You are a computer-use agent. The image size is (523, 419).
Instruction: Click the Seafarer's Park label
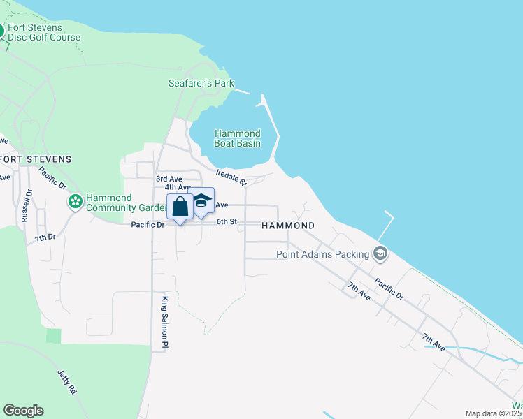(201, 84)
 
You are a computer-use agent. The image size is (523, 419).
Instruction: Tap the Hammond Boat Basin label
(238, 138)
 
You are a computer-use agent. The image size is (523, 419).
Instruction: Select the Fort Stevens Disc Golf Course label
(45, 33)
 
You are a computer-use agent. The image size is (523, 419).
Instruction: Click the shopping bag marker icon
(180, 207)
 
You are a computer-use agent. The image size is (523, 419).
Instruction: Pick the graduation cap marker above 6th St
(202, 201)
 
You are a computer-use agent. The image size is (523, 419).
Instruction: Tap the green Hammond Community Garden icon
(75, 202)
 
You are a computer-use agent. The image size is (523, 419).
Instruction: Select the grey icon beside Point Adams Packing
(380, 253)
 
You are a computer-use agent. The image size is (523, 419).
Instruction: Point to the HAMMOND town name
(288, 226)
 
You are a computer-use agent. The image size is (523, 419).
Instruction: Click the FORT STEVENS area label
(36, 159)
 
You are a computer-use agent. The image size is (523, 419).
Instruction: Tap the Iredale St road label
(231, 177)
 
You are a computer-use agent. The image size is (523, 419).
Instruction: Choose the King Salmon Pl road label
(165, 323)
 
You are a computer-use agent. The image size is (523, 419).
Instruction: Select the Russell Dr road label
(27, 206)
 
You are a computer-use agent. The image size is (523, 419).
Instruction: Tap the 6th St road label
(227, 222)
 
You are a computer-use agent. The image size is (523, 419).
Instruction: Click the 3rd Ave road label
(169, 179)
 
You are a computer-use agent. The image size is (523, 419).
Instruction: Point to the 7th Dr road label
(45, 238)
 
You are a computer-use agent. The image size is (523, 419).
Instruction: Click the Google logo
(23, 411)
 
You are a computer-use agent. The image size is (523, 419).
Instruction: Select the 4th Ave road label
(178, 187)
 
